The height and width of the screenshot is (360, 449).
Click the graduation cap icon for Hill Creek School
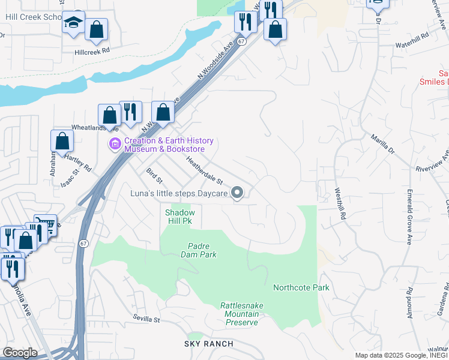tap(73, 23)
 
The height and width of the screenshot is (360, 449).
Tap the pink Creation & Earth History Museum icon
tap(114, 145)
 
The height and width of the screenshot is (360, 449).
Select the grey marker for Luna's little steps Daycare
tap(237, 193)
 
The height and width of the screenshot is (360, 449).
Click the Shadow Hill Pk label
tap(179, 217)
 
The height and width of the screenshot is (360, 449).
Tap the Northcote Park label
tap(301, 287)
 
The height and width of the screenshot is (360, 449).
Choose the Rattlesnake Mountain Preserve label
tap(241, 314)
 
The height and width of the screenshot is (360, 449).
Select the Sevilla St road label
tap(146, 320)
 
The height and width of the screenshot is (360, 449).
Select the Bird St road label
tap(154, 176)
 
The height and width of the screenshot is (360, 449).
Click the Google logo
tap(19, 353)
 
